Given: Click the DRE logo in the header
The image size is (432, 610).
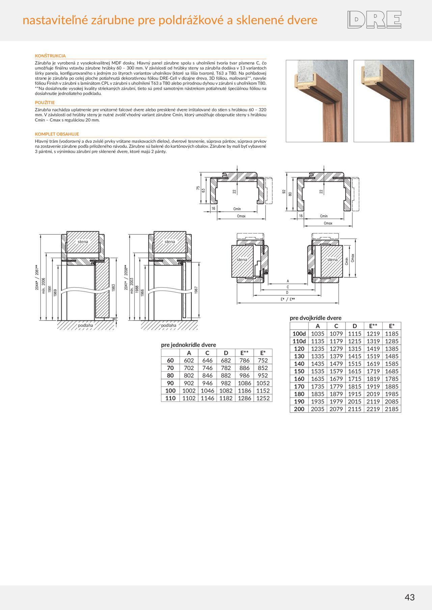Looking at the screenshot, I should [374, 20].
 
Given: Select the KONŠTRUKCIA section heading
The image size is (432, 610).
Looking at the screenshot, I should [50, 56].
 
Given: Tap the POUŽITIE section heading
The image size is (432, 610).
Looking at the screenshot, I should [45, 102].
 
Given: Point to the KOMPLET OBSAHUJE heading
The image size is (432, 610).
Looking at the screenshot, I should [57, 134].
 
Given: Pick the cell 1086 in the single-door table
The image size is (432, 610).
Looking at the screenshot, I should [244, 383].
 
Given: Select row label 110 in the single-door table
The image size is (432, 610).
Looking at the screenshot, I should [170, 398].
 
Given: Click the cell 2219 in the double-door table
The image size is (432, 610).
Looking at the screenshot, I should [373, 409].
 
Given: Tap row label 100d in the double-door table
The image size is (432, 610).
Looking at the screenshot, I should [299, 334].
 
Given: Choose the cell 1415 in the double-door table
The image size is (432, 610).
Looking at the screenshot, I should [354, 356].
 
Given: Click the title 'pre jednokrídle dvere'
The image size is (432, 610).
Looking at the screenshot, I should [188, 345].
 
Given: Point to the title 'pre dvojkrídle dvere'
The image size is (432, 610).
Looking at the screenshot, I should [316, 318].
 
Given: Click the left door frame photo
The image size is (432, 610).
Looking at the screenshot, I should [317, 101].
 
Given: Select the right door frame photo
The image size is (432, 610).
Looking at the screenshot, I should [384, 101].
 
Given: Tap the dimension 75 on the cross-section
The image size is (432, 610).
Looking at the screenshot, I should [198, 188].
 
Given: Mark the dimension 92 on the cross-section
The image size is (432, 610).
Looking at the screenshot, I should [284, 191].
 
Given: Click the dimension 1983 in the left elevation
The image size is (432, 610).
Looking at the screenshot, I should [113, 287].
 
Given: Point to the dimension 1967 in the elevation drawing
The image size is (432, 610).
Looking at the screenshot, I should [196, 290].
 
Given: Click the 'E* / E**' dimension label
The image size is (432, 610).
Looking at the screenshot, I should [288, 299].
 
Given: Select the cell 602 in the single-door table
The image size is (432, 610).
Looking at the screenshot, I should [189, 360].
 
